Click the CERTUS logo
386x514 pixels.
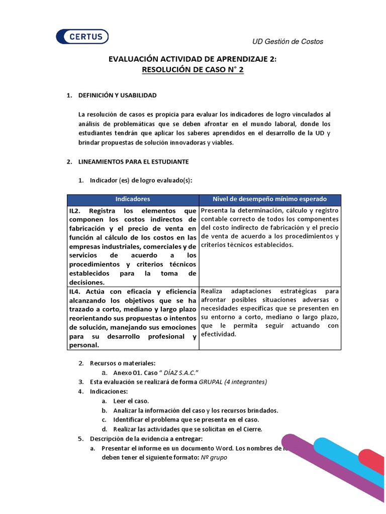[x=82, y=37]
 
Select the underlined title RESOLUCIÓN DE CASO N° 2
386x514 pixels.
[x=193, y=70]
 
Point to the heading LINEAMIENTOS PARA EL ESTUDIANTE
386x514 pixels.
[x=133, y=162]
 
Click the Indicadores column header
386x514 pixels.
[x=133, y=199]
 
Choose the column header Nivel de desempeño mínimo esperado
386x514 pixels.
[x=270, y=199]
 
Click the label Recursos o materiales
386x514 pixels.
[x=123, y=363]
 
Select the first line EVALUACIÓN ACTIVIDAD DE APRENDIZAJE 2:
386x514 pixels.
[x=193, y=59]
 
